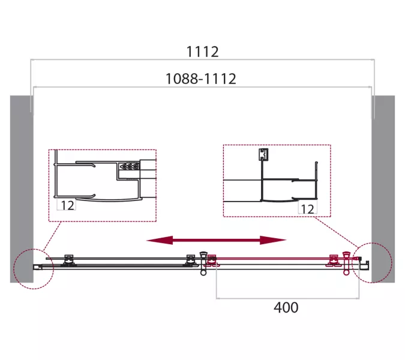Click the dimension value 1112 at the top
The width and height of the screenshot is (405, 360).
pos(202,52)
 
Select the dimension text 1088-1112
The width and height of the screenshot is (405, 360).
pos(200,79)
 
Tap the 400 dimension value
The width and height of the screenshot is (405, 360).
pos(286,307)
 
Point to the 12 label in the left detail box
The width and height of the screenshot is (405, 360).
pos(68,205)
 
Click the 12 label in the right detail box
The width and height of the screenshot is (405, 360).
pos(308,209)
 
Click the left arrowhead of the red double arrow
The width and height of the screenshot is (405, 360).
pos(160,241)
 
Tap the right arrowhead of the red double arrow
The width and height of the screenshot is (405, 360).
pos(273,240)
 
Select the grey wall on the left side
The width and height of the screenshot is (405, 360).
pos(22,189)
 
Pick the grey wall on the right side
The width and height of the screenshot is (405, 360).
pos(383,189)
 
